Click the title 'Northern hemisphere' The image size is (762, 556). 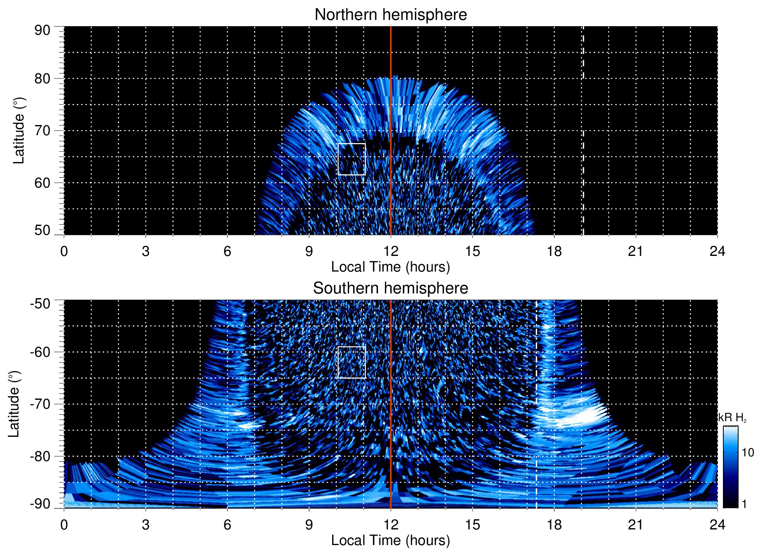tap(390, 15)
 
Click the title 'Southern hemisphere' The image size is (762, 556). tap(390, 288)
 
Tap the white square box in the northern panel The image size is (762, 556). tap(351, 159)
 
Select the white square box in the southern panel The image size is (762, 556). tap(351, 362)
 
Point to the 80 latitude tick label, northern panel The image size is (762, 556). tap(42, 79)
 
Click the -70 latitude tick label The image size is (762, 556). tap(40, 404)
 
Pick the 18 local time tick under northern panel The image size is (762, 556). tap(554, 251)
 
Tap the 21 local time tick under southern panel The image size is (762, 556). tap(635, 525)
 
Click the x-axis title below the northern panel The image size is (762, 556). tap(390, 267)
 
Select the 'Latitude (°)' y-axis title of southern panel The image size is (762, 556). tap(14, 404)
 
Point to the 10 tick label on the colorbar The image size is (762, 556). tap(748, 453)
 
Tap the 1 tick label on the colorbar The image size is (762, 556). tap(744, 504)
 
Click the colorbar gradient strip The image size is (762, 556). tap(730, 467)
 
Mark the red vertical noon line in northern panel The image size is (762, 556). tap(391, 117)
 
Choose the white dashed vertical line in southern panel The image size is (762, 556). tap(536, 391)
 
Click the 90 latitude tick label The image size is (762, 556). tap(42, 30)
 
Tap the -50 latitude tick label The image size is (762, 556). tap(40, 304)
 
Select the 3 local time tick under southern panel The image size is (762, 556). tap(145, 525)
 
